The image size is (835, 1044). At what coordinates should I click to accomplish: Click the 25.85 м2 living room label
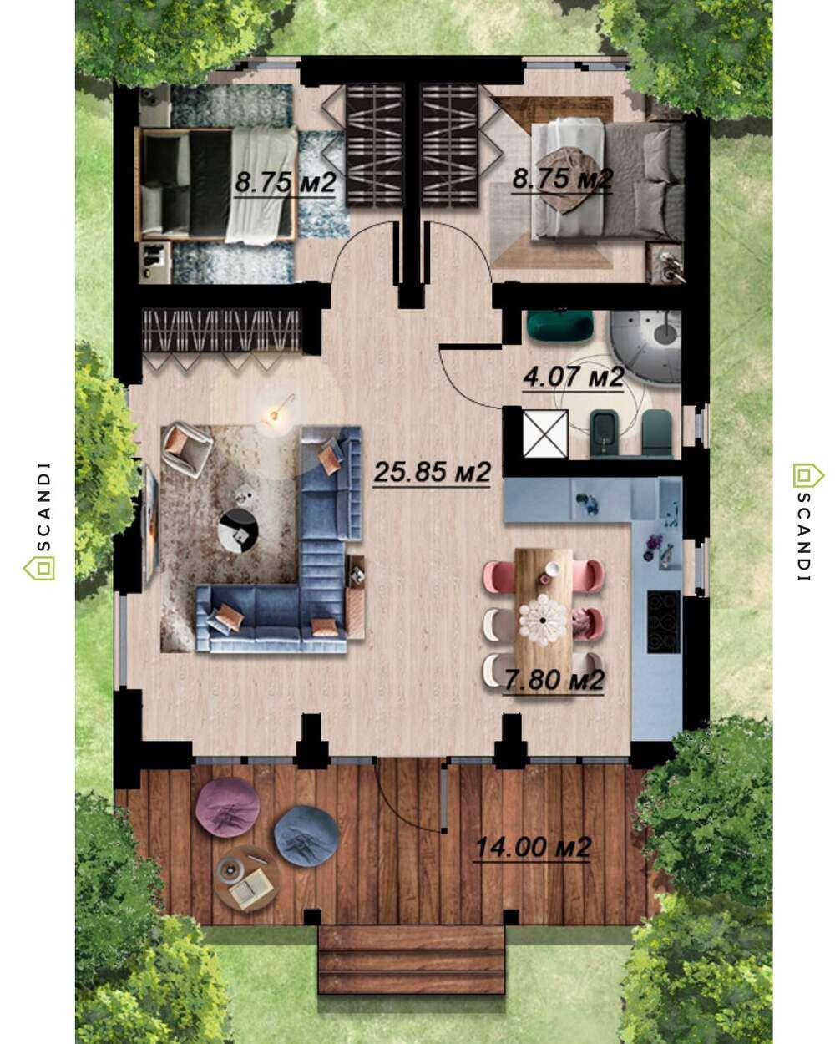click(432, 471)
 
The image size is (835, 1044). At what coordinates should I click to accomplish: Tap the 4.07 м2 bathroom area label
click(573, 377)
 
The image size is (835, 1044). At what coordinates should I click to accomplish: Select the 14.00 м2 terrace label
click(532, 848)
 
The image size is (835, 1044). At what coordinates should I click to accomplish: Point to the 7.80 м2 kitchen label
click(554, 680)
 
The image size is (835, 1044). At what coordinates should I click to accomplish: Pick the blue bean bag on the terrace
click(306, 836)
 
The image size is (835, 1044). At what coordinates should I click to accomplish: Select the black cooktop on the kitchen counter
click(664, 621)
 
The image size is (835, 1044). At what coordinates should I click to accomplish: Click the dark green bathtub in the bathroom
click(559, 323)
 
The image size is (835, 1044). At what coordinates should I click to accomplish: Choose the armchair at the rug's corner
click(186, 449)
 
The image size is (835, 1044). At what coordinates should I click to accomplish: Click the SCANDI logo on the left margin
click(41, 520)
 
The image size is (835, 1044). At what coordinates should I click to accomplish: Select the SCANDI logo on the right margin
click(807, 520)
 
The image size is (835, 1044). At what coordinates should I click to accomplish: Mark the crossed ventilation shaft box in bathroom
click(545, 433)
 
